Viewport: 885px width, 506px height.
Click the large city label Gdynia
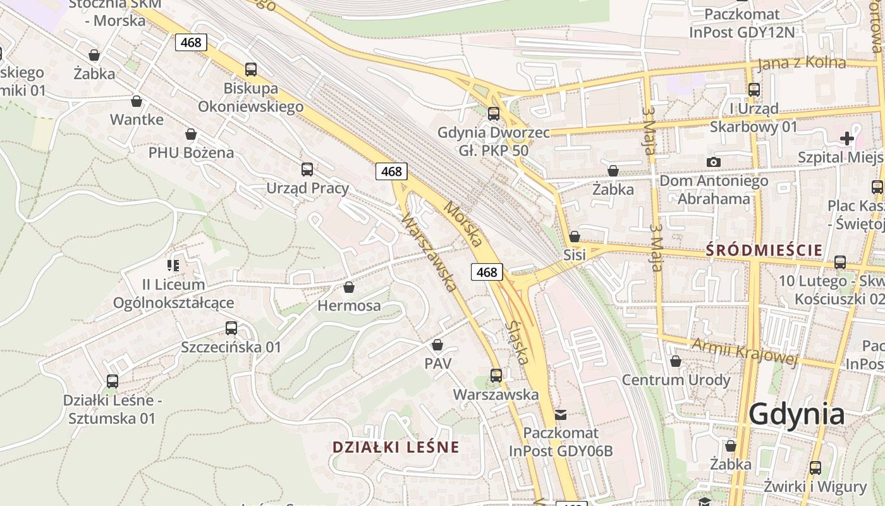coord(796,414)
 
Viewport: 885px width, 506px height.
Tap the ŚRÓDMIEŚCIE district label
coord(764,250)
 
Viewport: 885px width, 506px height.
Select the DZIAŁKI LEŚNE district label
coord(396,447)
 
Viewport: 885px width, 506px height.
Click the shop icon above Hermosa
coord(348,288)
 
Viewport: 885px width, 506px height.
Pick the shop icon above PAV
coord(437,345)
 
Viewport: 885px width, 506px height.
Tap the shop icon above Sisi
coord(575,237)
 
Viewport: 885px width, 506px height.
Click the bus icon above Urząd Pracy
coord(307,170)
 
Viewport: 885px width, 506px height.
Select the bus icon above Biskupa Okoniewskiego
coord(251,70)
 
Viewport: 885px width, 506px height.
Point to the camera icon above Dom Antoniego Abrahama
coord(714,163)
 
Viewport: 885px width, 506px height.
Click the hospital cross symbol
coord(846,139)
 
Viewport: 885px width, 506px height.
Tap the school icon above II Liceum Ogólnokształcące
coord(173,266)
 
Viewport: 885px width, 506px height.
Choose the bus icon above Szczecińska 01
coord(231,328)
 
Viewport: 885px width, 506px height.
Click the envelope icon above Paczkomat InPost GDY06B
coord(561,415)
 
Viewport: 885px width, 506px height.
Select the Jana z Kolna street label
coord(802,63)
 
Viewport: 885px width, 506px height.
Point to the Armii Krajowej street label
coord(743,352)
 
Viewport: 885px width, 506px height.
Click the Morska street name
coord(463,224)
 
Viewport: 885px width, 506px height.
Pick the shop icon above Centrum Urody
coord(676,361)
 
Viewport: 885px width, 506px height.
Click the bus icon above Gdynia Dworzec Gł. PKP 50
coord(494,114)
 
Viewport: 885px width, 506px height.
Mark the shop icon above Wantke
coord(137,101)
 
